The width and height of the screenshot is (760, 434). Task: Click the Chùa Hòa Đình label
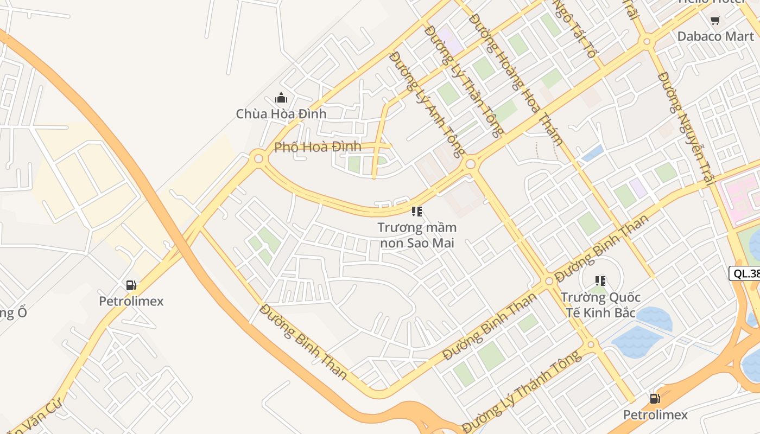pyautogui.click(x=281, y=114)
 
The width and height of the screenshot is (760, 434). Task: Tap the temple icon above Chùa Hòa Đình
pyautogui.click(x=281, y=98)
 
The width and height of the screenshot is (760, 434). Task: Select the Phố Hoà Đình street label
pyautogui.click(x=318, y=147)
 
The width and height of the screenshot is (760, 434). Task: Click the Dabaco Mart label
pyautogui.click(x=715, y=36)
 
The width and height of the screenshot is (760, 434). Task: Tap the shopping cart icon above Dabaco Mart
pyautogui.click(x=715, y=21)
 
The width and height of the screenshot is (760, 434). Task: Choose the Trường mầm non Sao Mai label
pyautogui.click(x=417, y=235)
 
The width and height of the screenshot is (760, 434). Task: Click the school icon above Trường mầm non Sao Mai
pyautogui.click(x=416, y=212)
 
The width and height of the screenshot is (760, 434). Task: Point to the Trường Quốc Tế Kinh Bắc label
pyautogui.click(x=600, y=305)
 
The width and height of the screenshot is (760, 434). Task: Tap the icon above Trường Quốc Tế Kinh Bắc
pyautogui.click(x=600, y=281)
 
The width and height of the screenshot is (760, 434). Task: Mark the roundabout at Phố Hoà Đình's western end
pyautogui.click(x=258, y=159)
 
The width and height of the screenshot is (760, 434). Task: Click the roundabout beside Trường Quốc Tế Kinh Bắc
pyautogui.click(x=549, y=280)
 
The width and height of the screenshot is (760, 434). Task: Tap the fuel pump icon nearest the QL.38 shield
pyautogui.click(x=655, y=399)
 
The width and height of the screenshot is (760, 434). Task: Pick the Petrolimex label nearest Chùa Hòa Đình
pyautogui.click(x=131, y=301)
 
